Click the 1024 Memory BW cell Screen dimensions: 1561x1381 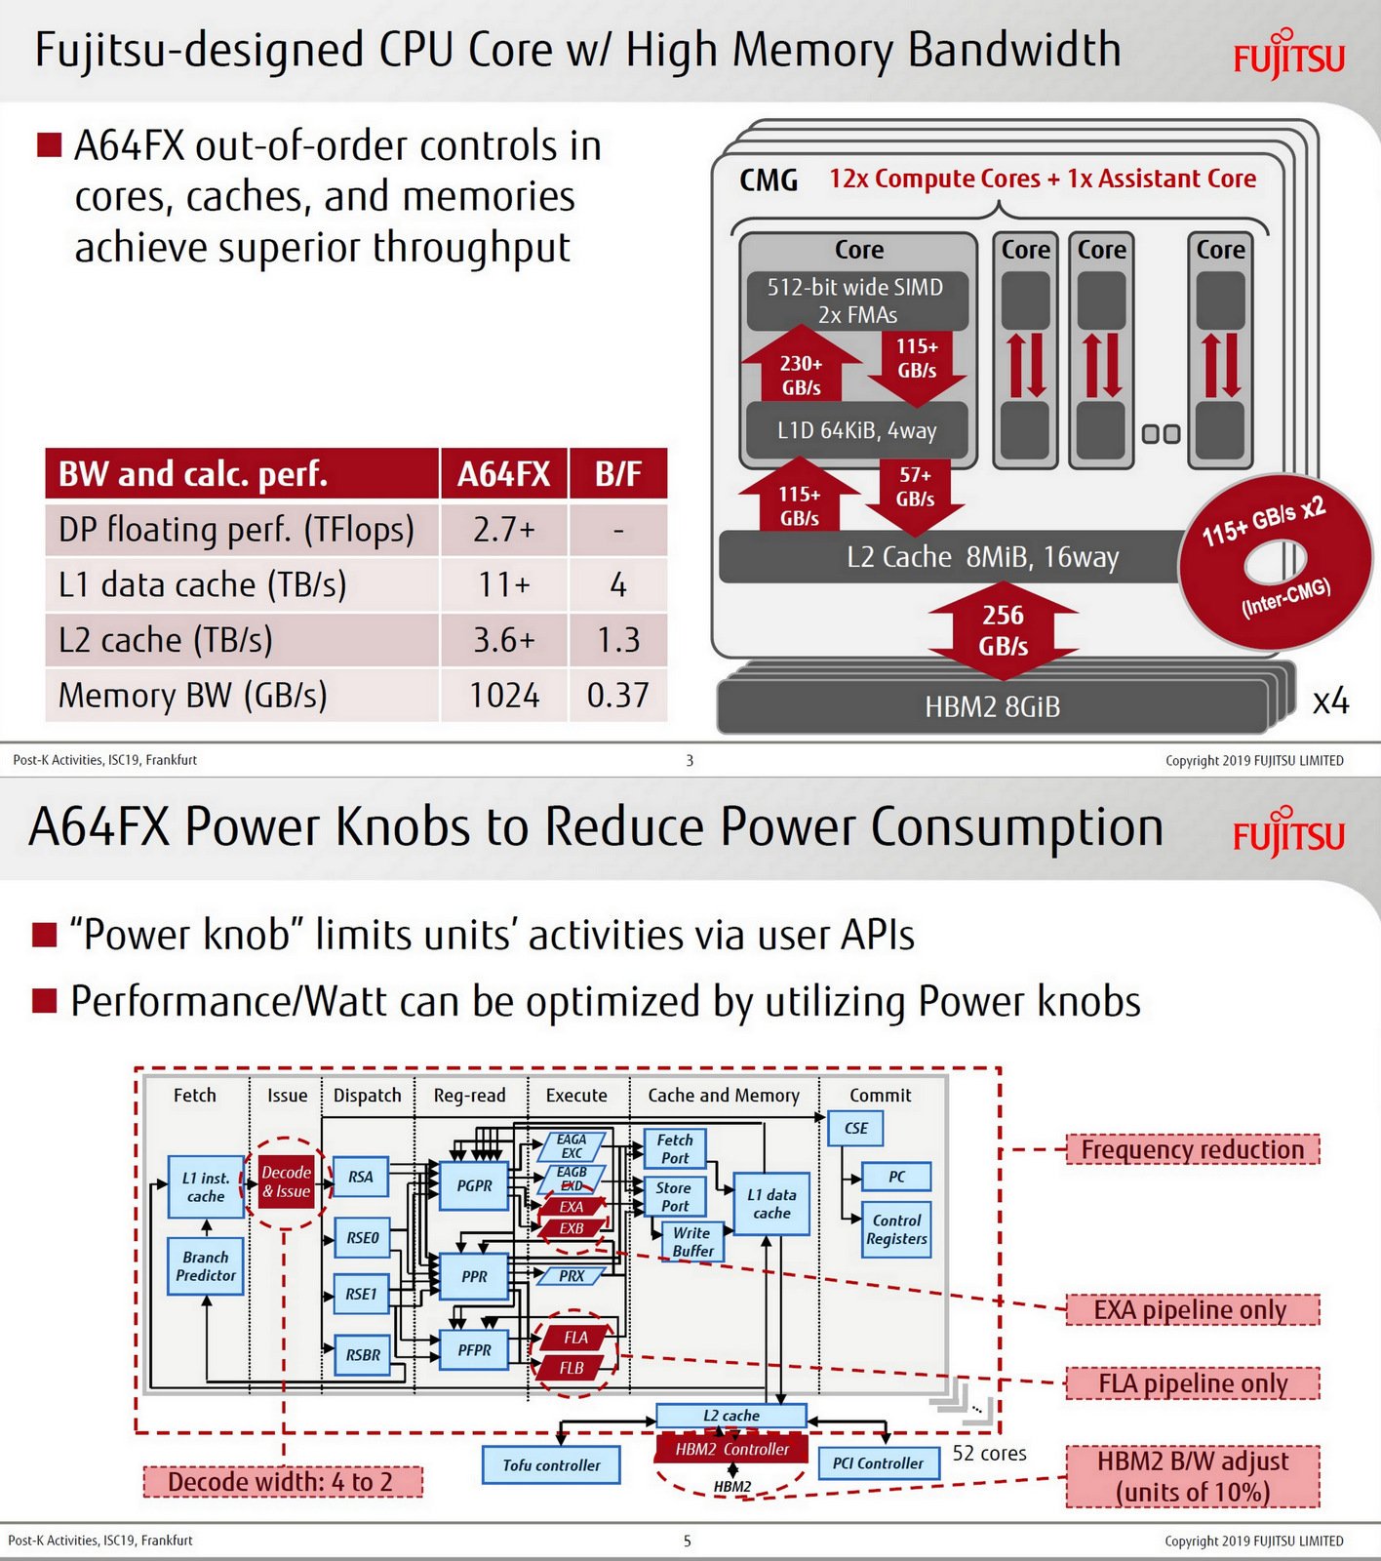coord(504,696)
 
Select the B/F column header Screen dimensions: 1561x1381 coord(618,474)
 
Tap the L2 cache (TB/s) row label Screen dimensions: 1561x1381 coord(166,640)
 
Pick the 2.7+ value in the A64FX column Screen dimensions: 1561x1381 coord(504,530)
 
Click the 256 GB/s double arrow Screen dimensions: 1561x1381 coord(1003,630)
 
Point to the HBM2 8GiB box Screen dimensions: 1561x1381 coord(992,706)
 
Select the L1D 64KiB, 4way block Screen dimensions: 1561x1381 coord(856,430)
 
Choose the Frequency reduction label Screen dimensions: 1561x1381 coord(1192,1149)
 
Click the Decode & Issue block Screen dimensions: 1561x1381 coord(286,1181)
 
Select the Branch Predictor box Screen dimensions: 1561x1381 coord(206,1266)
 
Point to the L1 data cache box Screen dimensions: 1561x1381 coord(771,1204)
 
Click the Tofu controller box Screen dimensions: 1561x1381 coord(551,1464)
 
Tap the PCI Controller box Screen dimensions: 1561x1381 coord(878,1462)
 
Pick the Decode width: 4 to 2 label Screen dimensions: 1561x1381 coord(281,1482)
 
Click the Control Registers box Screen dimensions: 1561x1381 coord(896,1229)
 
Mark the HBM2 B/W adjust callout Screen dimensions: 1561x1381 coord(1192,1476)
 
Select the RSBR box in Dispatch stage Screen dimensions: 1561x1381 coord(363,1354)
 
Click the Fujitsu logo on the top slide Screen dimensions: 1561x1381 coord(1288,56)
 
